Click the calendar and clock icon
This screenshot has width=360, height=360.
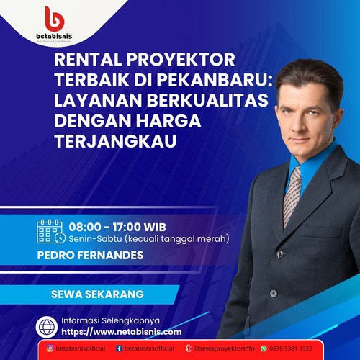point(50,231)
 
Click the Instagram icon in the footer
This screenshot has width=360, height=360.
point(50,348)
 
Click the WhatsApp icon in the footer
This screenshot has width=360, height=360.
point(264,348)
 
